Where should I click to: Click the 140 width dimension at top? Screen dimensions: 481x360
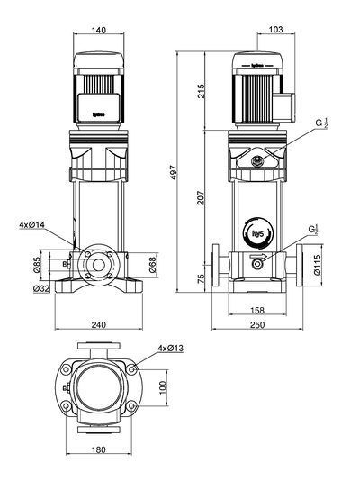[98, 30]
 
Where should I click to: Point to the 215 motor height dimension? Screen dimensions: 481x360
[202, 90]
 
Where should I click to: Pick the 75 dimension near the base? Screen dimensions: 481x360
[202, 278]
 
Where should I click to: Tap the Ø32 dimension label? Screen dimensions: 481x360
[40, 288]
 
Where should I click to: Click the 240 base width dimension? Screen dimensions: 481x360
[98, 323]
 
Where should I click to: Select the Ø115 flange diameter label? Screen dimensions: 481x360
[317, 264]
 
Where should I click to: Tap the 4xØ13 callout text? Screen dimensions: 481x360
[170, 348]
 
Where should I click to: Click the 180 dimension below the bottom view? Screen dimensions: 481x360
[98, 449]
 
